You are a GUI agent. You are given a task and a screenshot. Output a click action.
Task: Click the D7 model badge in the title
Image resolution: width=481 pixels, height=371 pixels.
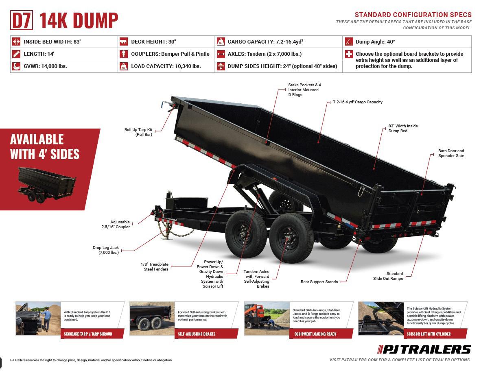click(22, 21)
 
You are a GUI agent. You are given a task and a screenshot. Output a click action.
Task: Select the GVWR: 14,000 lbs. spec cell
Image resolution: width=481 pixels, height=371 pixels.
click(45, 66)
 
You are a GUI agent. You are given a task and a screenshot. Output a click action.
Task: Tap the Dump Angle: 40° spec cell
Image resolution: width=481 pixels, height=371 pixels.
click(375, 42)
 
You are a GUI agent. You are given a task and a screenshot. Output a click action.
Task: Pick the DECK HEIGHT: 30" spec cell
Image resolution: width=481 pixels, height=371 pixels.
click(153, 42)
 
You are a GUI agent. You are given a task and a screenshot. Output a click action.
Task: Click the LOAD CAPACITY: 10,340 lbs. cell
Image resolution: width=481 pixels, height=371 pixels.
click(166, 66)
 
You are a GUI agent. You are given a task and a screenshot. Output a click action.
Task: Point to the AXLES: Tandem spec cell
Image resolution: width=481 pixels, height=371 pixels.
click(265, 54)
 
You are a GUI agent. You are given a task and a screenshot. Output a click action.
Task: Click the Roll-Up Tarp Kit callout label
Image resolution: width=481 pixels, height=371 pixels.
click(138, 132)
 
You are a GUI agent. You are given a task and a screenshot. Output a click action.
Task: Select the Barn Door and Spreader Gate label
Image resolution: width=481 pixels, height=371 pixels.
click(451, 153)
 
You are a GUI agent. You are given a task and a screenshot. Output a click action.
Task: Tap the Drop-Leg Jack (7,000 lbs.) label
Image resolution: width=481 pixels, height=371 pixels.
click(105, 250)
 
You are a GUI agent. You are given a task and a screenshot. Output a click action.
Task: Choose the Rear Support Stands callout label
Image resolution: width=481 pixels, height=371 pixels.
click(319, 282)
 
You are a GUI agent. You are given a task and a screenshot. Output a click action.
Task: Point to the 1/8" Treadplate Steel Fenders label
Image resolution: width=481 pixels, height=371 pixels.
click(154, 266)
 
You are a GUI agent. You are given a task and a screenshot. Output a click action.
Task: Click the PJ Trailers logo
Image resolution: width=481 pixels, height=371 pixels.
click(424, 349)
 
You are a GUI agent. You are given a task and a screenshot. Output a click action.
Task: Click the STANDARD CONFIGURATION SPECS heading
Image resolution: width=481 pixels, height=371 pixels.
click(413, 15)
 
